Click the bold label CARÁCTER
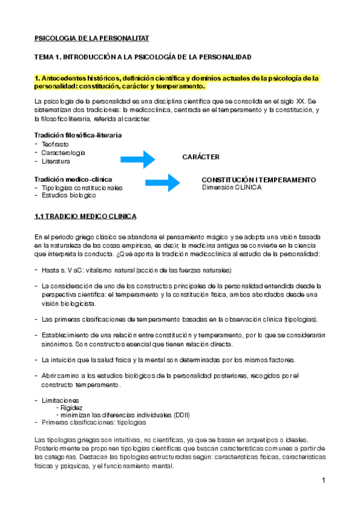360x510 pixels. point(201,157)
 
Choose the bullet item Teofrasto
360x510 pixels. point(55,145)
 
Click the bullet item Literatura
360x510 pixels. point(56,161)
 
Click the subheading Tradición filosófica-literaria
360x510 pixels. point(78,135)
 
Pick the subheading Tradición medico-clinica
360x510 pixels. point(73,179)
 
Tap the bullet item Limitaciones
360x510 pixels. point(60,400)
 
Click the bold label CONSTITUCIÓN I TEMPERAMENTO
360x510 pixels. point(258,180)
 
